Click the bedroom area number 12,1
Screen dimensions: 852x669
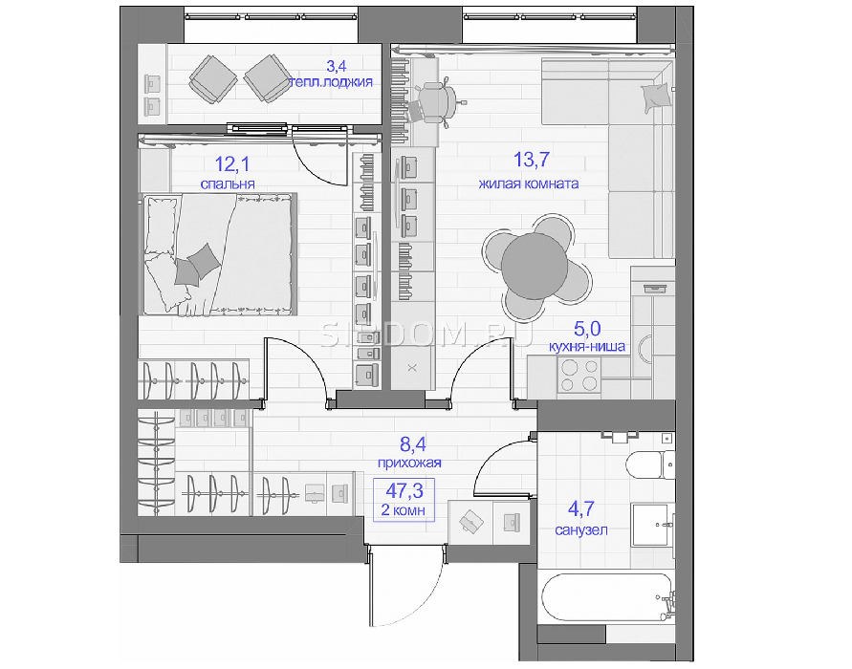(232, 163)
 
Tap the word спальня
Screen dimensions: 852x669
(228, 183)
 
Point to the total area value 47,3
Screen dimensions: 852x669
(404, 490)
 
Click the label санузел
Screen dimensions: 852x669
(580, 529)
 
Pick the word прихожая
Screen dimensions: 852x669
(409, 463)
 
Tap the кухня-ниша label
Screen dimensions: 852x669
(587, 346)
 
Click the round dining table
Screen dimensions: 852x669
(534, 266)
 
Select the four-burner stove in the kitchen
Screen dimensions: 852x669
(579, 376)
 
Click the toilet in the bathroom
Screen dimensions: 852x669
(650, 464)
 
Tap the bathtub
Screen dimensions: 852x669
(607, 596)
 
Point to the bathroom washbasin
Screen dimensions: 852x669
(652, 525)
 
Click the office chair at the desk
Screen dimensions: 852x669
(437, 101)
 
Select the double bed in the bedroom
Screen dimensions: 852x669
(220, 254)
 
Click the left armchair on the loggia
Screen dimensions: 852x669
(212, 78)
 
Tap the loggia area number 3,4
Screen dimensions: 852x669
(336, 66)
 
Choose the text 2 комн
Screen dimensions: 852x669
(404, 510)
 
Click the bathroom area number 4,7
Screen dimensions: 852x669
(580, 508)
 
